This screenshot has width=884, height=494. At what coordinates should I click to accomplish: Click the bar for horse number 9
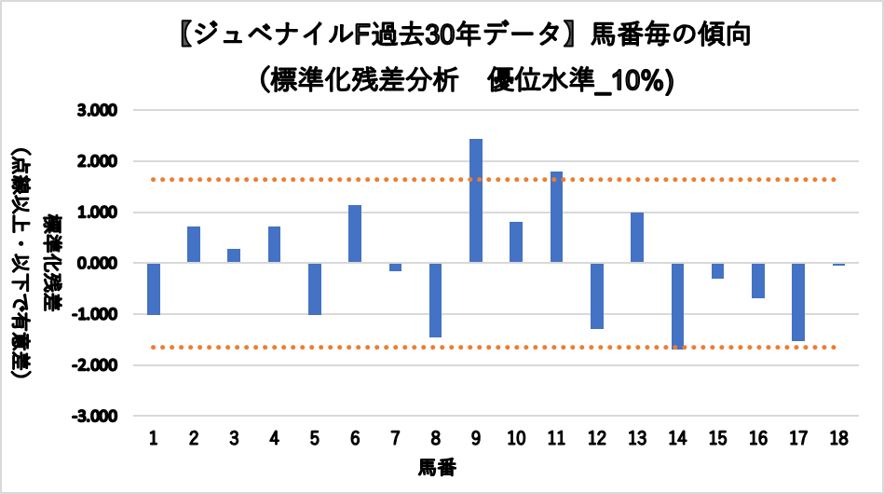(476, 200)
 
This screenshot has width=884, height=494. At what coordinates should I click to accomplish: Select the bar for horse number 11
(556, 217)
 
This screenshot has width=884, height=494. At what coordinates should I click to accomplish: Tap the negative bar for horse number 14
(677, 305)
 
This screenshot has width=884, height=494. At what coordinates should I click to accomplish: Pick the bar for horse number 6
(355, 234)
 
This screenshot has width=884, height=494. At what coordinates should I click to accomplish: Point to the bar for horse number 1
(154, 289)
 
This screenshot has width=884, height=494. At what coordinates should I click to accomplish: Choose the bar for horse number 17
(798, 302)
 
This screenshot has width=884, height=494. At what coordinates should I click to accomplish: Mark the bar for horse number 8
(436, 299)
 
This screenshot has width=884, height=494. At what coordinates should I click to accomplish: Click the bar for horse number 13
(637, 238)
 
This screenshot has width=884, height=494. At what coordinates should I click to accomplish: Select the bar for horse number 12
(597, 295)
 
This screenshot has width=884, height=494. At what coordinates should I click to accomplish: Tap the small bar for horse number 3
(234, 255)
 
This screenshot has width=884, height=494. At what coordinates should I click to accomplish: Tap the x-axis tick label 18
(838, 438)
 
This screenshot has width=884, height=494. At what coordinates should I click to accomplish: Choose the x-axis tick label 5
(315, 438)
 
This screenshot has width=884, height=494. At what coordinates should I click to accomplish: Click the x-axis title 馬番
(437, 465)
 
